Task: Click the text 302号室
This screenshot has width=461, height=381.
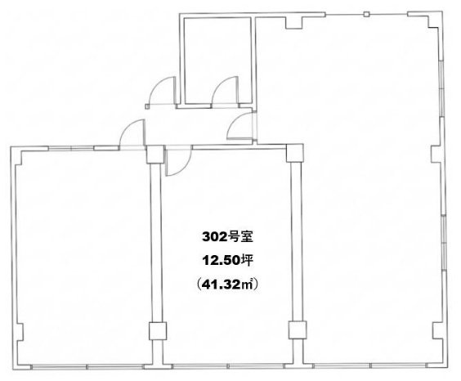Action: (x=227, y=237)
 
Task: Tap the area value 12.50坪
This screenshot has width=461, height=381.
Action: (x=227, y=261)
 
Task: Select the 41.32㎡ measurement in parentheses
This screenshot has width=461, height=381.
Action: (x=227, y=285)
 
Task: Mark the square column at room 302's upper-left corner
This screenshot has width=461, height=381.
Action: (x=155, y=155)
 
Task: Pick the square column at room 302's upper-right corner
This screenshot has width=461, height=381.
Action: (x=294, y=153)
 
